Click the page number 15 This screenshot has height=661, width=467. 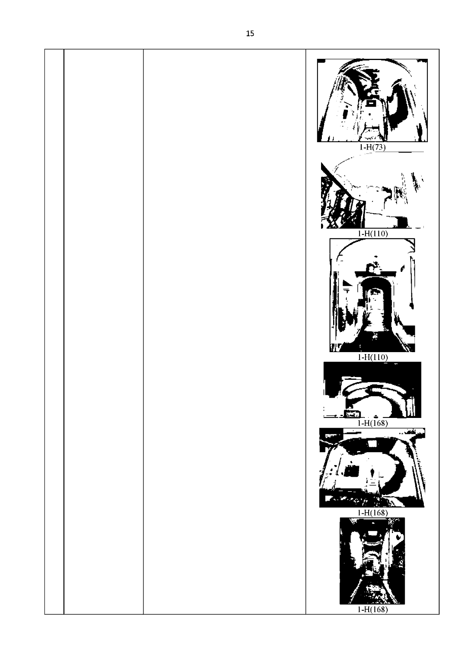(250, 33)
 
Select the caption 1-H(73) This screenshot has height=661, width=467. (372, 147)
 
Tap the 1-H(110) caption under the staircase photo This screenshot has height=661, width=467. (373, 233)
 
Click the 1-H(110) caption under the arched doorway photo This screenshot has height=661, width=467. (373, 357)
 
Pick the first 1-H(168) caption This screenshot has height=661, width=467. (373, 423)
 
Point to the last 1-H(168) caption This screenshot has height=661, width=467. (373, 609)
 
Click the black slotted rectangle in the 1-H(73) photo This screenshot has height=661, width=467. (371, 103)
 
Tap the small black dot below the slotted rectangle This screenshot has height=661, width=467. (370, 114)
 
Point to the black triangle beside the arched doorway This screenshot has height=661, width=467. (348, 284)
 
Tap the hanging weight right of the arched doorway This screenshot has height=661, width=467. (412, 304)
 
